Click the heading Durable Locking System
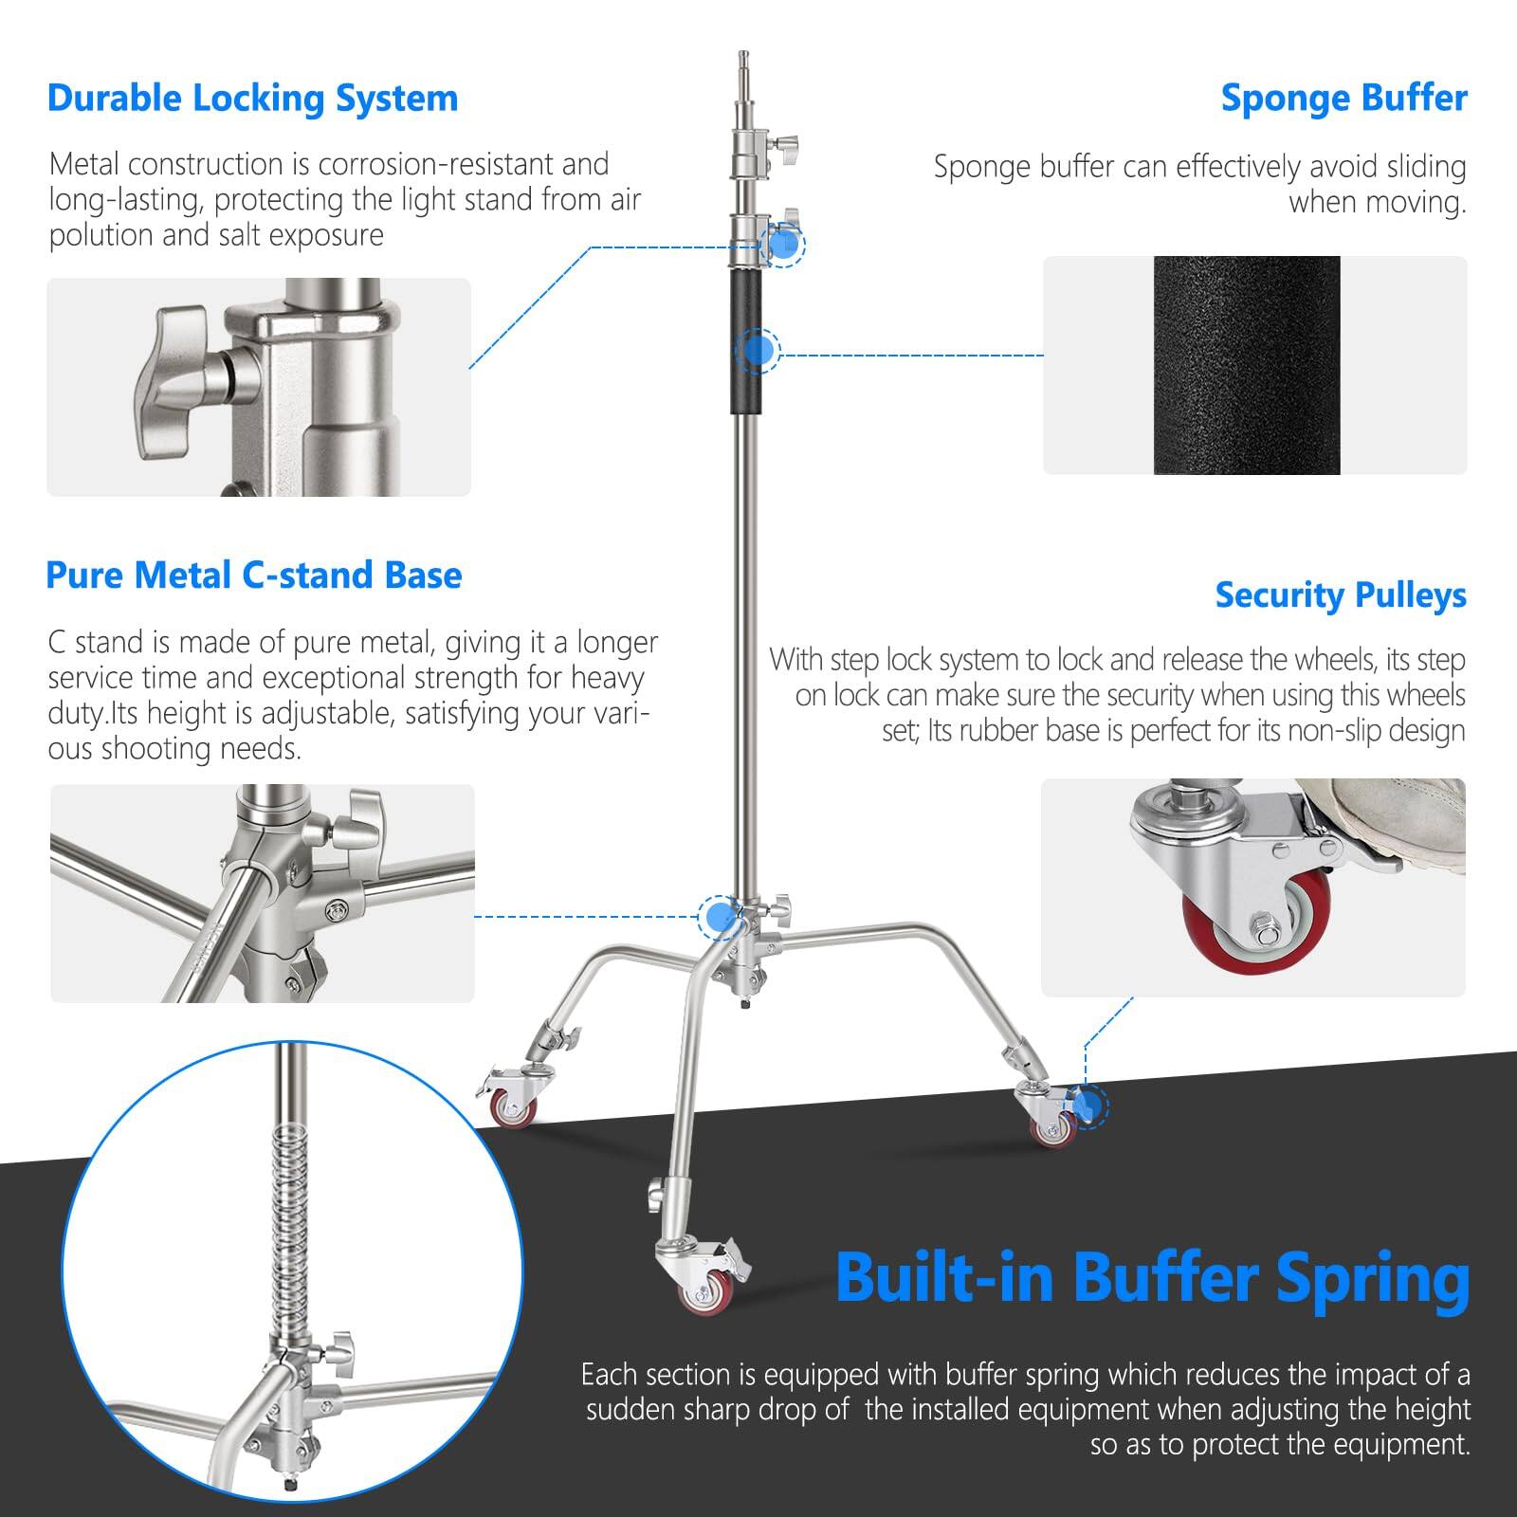[x=252, y=99]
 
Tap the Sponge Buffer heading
[x=1343, y=99]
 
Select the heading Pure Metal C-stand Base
[x=253, y=576]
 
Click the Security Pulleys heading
[x=1341, y=595]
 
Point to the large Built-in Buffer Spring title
[x=1152, y=1278]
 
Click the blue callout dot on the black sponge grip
[x=757, y=350]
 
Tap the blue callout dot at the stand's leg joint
[x=720, y=916]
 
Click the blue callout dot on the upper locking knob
[x=783, y=244]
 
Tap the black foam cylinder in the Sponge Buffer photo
[x=1246, y=365]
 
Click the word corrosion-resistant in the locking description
[x=463, y=164]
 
